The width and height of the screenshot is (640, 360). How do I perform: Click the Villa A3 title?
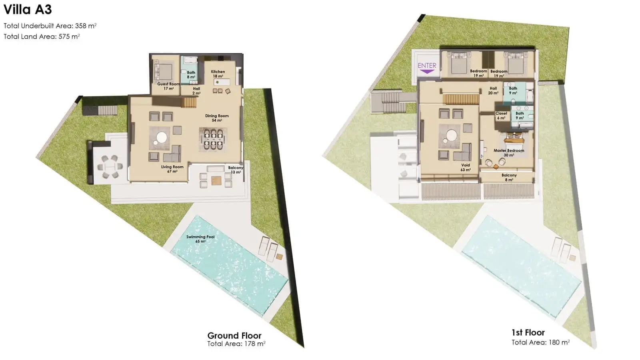coord(28,10)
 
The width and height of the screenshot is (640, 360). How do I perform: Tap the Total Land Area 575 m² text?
coord(42,36)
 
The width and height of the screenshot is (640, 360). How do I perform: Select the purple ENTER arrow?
coord(427,72)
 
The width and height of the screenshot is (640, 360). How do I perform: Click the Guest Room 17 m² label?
coord(168,86)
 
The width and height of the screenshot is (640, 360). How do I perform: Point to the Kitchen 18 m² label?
coord(218,74)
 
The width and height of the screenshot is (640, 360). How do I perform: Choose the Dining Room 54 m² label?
coord(217,118)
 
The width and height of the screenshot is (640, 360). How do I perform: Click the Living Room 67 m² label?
coord(172,169)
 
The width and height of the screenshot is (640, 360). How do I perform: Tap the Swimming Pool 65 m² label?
coord(200,239)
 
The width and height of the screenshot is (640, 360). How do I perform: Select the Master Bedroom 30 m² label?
coord(509,152)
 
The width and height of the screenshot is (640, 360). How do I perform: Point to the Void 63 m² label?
coord(466,168)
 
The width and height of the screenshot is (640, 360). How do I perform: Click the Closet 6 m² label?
coord(501,116)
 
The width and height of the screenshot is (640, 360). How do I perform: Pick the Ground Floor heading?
coord(234,335)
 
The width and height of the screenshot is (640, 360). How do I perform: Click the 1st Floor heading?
coord(528,332)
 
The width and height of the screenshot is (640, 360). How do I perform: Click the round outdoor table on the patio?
coord(110,166)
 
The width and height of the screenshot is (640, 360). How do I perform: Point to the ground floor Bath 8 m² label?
coord(191,75)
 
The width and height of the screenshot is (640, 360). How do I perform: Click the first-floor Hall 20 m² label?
coord(493,90)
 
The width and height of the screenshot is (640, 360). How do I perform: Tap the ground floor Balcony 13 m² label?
coord(236,170)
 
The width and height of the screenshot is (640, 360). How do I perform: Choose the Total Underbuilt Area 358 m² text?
coord(50,26)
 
